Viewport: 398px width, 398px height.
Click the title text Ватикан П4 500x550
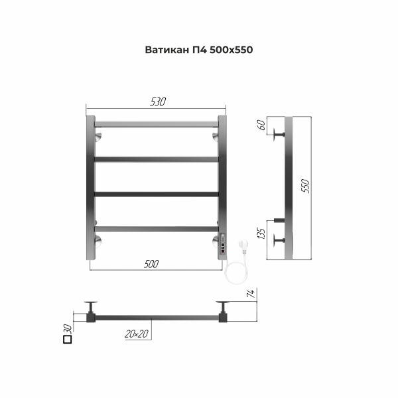(x=199, y=50)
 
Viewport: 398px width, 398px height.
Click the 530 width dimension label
(x=157, y=101)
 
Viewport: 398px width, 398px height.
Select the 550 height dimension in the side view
(x=306, y=186)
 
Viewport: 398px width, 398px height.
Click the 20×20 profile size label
(x=135, y=334)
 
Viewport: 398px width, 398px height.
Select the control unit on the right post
(x=223, y=246)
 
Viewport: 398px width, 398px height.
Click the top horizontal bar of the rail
(x=157, y=123)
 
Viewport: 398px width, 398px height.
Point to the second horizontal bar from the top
(x=157, y=159)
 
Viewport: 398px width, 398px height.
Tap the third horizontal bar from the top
(x=157, y=194)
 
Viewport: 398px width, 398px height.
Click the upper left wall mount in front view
(x=98, y=137)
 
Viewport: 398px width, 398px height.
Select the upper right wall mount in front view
(x=216, y=137)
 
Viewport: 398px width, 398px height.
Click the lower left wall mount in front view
(x=98, y=239)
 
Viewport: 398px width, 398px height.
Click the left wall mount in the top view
(x=91, y=306)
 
